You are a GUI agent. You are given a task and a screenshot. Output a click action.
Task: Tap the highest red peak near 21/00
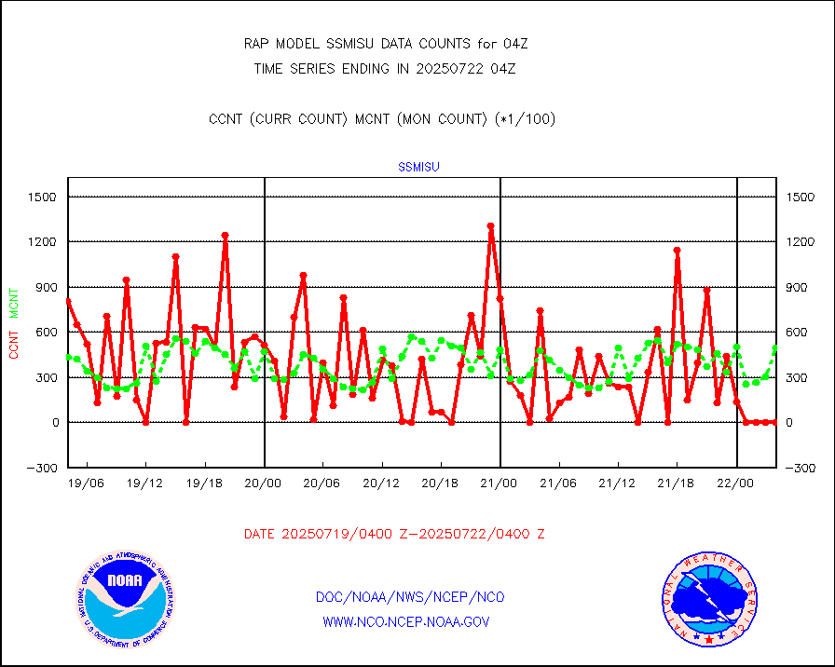[490, 226]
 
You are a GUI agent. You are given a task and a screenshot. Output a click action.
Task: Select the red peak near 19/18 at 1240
[225, 236]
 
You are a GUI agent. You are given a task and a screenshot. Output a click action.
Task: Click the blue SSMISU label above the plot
[418, 168]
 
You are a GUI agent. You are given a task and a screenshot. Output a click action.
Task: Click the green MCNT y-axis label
[14, 301]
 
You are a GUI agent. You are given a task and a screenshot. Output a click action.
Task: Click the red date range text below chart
[394, 534]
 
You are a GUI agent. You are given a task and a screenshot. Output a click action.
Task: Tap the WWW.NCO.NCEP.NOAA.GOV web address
[406, 621]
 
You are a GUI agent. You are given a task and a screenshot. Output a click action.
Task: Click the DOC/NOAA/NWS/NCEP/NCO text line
[411, 597]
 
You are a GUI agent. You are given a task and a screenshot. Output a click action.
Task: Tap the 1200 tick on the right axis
[802, 242]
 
